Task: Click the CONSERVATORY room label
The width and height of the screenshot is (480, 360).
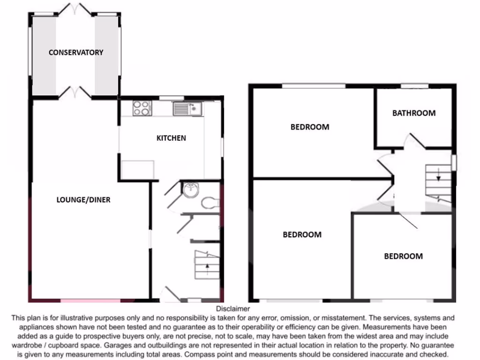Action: tap(76, 52)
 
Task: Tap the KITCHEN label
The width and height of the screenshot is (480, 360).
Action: tap(171, 138)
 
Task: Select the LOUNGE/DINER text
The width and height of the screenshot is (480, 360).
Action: tap(83, 200)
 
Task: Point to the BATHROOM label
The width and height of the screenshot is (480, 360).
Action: tap(413, 113)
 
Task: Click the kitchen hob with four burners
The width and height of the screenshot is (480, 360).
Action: tap(142, 108)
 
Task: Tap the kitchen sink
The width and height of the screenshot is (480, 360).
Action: tap(187, 109)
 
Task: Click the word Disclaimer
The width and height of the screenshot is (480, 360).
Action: tap(233, 308)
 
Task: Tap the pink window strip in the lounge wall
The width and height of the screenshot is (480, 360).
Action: tap(90, 300)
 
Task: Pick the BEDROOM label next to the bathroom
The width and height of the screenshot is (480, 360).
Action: tap(310, 127)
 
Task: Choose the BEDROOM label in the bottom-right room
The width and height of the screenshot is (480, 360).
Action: tap(403, 256)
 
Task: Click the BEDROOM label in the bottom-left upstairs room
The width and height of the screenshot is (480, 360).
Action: tap(302, 234)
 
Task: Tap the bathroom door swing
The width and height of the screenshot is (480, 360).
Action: tap(416, 141)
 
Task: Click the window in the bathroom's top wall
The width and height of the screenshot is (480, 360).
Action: tap(414, 86)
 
